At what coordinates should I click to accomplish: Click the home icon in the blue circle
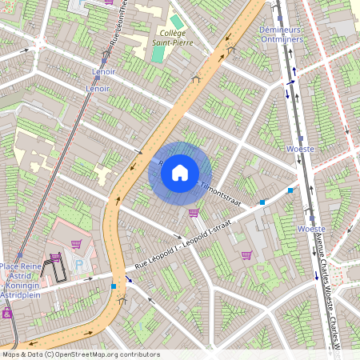click(x=180, y=172)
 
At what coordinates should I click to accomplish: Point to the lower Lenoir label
click(x=98, y=89)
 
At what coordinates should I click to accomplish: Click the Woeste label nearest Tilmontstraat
click(x=300, y=149)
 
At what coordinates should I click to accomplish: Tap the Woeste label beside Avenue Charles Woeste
click(x=310, y=229)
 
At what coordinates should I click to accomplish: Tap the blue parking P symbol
click(x=78, y=265)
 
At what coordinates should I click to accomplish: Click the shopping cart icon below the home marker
click(x=194, y=213)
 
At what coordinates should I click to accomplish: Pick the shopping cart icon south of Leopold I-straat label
click(x=246, y=255)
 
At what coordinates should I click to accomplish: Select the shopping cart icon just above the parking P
click(x=76, y=244)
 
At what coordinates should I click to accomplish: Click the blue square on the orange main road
click(x=114, y=285)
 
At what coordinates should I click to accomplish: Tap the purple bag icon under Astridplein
click(x=7, y=314)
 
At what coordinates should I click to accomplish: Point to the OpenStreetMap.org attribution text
click(x=80, y=354)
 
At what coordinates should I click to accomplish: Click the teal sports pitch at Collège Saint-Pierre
click(x=158, y=53)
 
